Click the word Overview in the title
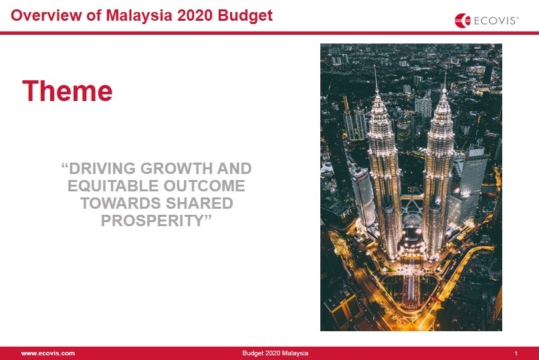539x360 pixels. (x=46, y=15)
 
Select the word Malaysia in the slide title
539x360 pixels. (x=139, y=16)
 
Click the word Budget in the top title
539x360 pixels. (x=245, y=16)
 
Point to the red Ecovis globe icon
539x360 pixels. (x=462, y=21)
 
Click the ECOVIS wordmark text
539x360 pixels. (x=496, y=21)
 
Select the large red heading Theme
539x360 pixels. (x=68, y=91)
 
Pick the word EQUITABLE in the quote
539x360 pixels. (x=113, y=186)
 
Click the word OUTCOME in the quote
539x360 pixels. (x=204, y=186)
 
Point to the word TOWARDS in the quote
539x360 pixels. (x=121, y=203)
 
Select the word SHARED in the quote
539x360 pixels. (x=200, y=203)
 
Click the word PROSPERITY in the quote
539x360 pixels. (x=152, y=220)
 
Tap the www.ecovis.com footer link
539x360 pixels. (x=47, y=353)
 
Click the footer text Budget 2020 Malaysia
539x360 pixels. (x=275, y=353)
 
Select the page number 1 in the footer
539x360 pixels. (x=516, y=353)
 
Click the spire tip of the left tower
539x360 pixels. (x=375, y=66)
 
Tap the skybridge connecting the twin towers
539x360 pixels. (x=412, y=197)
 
